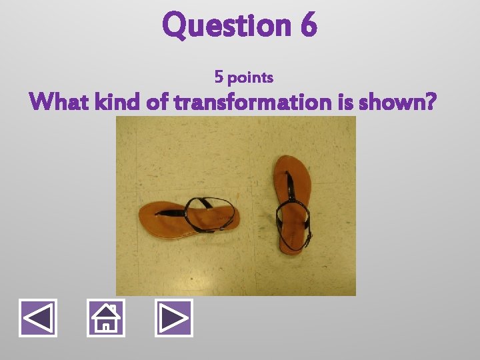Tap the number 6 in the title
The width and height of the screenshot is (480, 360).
click(x=309, y=25)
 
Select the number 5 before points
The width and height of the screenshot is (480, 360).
click(x=219, y=77)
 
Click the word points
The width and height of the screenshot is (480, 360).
click(x=250, y=78)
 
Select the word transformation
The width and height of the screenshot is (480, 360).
click(x=253, y=103)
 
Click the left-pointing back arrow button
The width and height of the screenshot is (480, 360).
click(x=38, y=318)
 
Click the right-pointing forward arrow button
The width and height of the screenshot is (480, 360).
click(x=173, y=318)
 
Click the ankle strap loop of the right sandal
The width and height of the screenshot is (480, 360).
click(x=293, y=220)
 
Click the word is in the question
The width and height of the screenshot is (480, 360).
click(x=347, y=103)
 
